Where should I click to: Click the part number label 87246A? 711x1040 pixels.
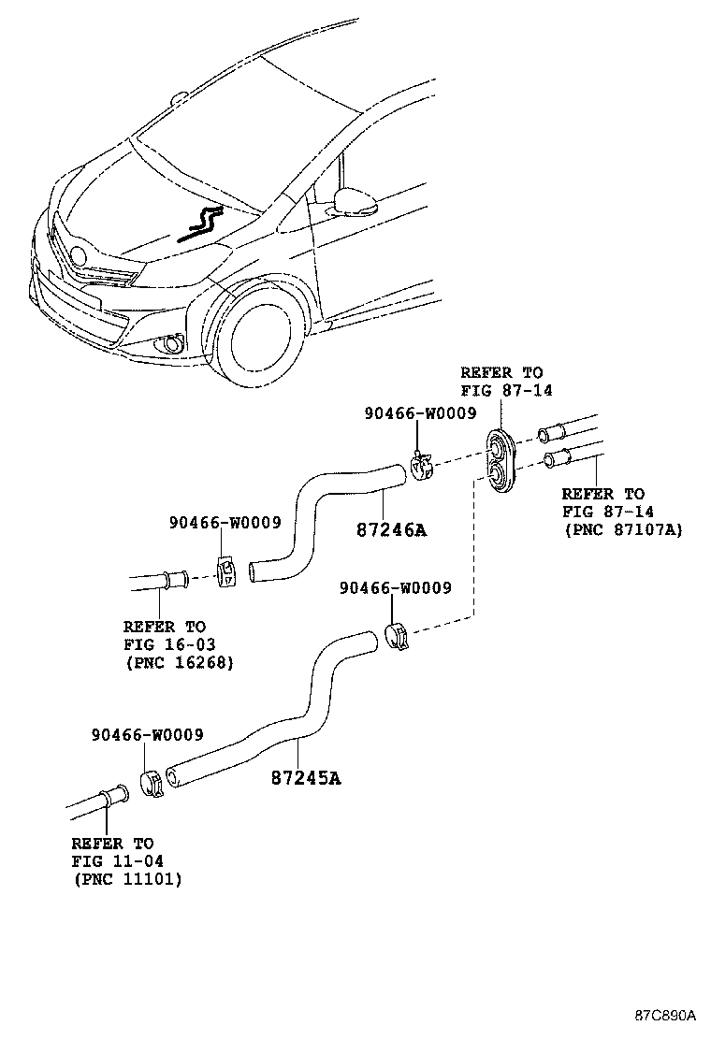pyautogui.click(x=391, y=530)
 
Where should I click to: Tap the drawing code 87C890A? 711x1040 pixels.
pyautogui.click(x=666, y=1015)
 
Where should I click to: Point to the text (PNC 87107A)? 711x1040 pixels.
pyautogui.click(x=622, y=529)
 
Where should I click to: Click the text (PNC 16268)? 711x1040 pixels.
pyautogui.click(x=178, y=662)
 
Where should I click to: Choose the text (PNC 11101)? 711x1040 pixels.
pyautogui.click(x=126, y=879)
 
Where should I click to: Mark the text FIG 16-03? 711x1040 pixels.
pyautogui.click(x=165, y=644)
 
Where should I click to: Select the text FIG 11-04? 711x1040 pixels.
pyautogui.click(x=112, y=861)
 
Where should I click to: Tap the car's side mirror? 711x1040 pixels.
pyautogui.click(x=355, y=201)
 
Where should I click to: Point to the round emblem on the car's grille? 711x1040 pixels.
pyautogui.click(x=79, y=254)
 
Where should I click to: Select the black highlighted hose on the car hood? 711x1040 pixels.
pyautogui.click(x=201, y=224)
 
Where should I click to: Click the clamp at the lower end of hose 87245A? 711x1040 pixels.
pyautogui.click(x=152, y=782)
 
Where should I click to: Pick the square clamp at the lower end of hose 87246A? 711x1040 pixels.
pyautogui.click(x=225, y=571)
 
